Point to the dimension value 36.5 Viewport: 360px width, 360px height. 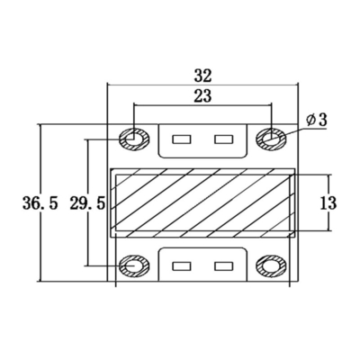(40, 203)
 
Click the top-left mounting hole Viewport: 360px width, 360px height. (133, 139)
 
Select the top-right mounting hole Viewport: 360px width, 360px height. (270, 139)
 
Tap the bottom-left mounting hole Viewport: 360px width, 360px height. (133, 266)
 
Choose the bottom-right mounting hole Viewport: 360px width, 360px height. (270, 266)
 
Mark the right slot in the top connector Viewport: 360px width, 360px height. (222, 139)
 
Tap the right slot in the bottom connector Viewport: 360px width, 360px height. (222, 266)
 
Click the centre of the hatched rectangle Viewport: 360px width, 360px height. (202, 202)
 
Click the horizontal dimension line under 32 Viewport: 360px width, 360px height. (202, 85)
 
